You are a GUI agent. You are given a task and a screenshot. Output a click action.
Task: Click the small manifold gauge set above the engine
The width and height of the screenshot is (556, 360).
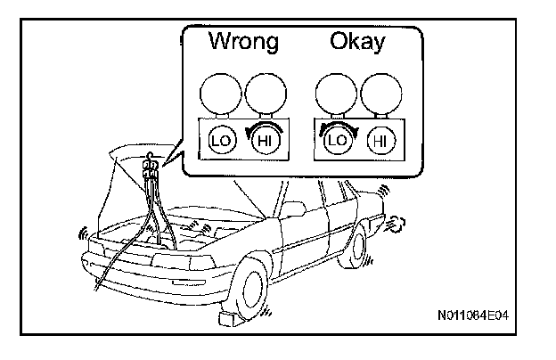[151, 164]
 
